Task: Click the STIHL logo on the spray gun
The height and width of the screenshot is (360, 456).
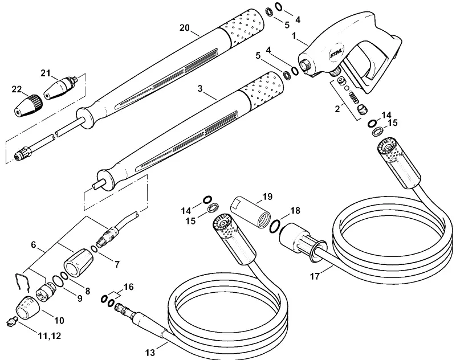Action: [x=336, y=54]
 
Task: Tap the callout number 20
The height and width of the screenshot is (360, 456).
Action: [x=184, y=28]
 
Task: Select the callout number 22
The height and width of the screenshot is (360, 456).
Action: [x=17, y=89]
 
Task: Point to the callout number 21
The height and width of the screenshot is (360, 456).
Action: [x=46, y=73]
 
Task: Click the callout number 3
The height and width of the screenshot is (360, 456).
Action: [x=200, y=89]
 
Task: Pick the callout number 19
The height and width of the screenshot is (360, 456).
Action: [x=267, y=197]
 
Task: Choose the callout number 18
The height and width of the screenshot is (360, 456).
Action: [x=295, y=210]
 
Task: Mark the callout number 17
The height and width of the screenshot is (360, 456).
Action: [x=315, y=276]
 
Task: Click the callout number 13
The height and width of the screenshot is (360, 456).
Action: [x=150, y=353]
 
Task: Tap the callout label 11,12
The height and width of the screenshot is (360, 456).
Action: [x=50, y=336]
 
